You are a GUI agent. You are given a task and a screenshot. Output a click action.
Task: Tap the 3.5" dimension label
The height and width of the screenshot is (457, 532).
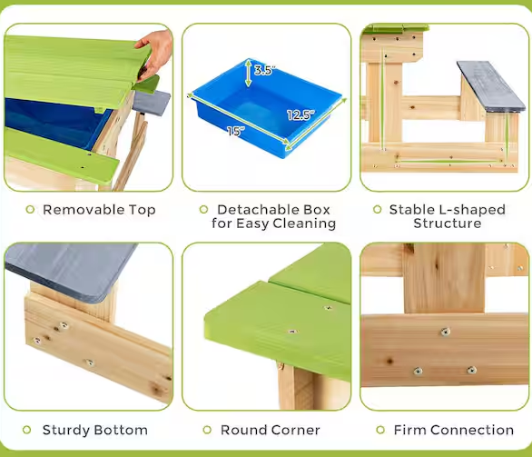pos(263,70)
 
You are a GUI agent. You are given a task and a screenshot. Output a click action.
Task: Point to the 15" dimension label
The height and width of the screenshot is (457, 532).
pos(236,131)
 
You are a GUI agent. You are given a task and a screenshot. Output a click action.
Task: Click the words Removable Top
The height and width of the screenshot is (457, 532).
pos(99,210)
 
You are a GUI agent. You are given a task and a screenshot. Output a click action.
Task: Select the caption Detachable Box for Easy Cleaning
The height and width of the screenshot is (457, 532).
pos(273,216)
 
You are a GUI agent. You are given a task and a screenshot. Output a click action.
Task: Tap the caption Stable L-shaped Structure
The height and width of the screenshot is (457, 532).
pos(447,216)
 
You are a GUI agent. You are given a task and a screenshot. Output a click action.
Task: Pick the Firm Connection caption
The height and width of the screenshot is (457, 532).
pos(453,430)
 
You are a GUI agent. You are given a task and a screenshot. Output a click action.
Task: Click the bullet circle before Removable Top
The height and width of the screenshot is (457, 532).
pos(30,210)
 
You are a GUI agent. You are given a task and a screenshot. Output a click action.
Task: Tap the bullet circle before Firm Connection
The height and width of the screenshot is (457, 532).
pos(379,430)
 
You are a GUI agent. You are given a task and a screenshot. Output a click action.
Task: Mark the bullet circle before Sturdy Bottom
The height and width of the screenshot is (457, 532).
pos(30,430)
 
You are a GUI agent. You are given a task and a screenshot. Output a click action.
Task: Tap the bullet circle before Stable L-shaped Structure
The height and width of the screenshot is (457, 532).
pos(377,210)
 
